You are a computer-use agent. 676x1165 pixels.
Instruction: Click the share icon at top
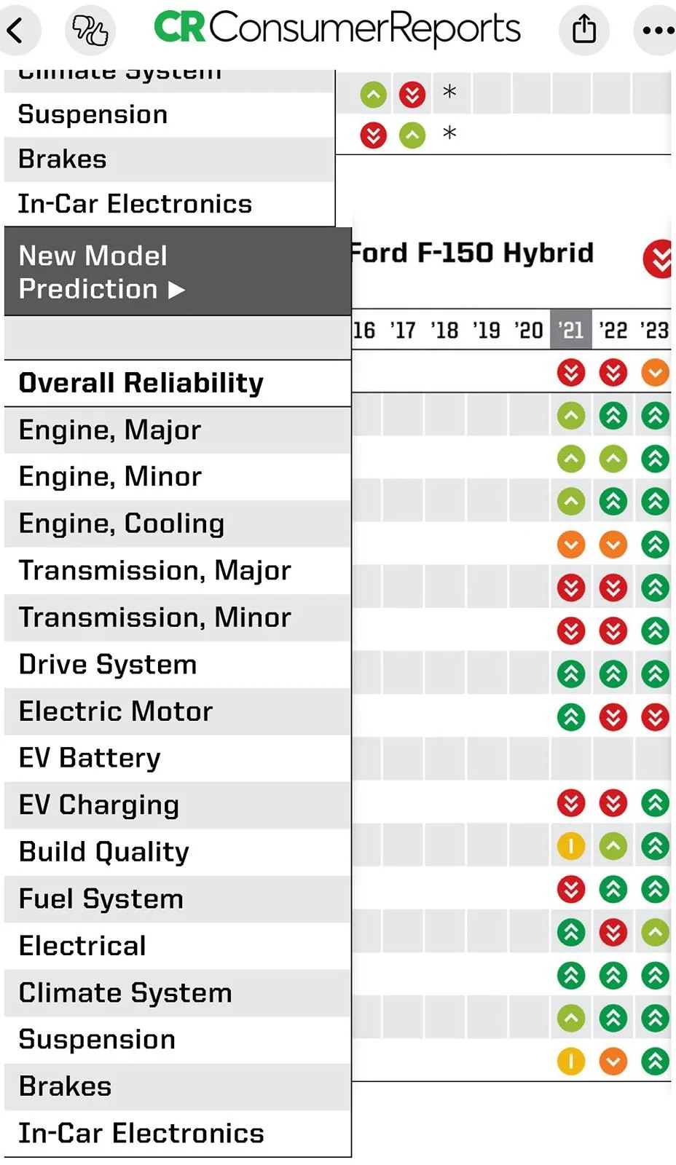pyautogui.click(x=583, y=30)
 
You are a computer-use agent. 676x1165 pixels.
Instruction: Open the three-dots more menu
pyautogui.click(x=657, y=31)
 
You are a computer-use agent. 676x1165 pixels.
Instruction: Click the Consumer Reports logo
pyautogui.click(x=337, y=28)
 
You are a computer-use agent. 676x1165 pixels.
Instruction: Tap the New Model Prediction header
pyautogui.click(x=102, y=272)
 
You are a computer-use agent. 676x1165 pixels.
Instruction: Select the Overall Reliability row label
pyautogui.click(x=141, y=383)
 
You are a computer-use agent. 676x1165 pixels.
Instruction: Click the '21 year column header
pyautogui.click(x=570, y=330)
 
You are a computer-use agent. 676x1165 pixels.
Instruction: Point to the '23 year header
pyautogui.click(x=654, y=330)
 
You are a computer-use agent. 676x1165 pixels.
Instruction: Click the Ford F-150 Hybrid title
pyautogui.click(x=472, y=253)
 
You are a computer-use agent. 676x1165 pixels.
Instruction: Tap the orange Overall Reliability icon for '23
pyautogui.click(x=655, y=373)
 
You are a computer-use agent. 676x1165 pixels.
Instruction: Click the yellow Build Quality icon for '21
pyautogui.click(x=571, y=846)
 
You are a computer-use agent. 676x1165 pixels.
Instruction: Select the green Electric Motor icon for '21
pyautogui.click(x=571, y=717)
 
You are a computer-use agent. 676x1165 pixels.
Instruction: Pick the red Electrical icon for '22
pyautogui.click(x=613, y=932)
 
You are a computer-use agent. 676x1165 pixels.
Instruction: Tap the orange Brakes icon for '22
pyautogui.click(x=613, y=1062)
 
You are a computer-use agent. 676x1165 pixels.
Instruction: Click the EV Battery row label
pyautogui.click(x=90, y=758)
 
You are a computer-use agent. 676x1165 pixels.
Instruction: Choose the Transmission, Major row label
pyautogui.click(x=155, y=571)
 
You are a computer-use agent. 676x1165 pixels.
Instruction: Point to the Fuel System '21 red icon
pyautogui.click(x=571, y=889)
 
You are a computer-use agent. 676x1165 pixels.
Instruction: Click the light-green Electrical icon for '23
pyautogui.click(x=655, y=932)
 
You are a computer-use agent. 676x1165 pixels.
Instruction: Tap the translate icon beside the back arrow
pyautogui.click(x=90, y=31)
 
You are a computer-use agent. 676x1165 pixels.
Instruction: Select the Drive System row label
pyautogui.click(x=108, y=665)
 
